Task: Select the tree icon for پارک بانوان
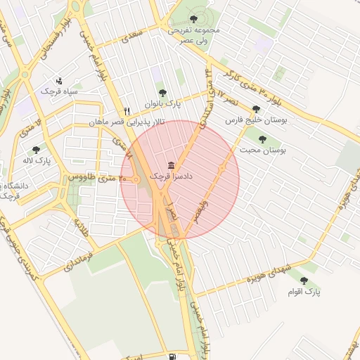(x=163, y=92)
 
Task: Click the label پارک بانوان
(x=163, y=104)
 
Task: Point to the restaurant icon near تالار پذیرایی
(x=127, y=110)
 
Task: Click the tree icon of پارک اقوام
(x=304, y=280)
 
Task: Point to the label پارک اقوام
(x=304, y=291)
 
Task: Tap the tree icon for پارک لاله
(x=36, y=150)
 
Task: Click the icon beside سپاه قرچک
(x=58, y=80)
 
